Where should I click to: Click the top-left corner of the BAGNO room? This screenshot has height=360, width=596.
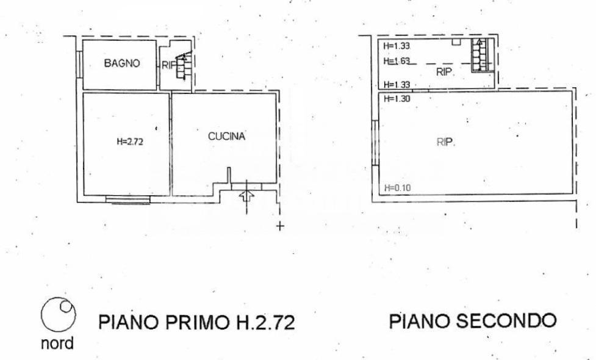coord(83,40)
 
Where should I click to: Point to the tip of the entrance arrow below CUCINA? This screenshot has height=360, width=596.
coord(246,191)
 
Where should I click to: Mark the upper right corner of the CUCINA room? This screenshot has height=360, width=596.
coord(276,93)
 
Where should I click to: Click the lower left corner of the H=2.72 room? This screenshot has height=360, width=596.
coord(84,195)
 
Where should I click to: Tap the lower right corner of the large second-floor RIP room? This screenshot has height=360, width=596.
coord(572,194)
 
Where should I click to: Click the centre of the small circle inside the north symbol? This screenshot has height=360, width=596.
coord(65,306)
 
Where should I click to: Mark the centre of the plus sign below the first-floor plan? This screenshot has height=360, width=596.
coord(280,226)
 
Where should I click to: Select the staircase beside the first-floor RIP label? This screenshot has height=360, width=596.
coord(183,65)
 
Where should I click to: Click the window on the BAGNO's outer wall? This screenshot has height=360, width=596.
coord(79,64)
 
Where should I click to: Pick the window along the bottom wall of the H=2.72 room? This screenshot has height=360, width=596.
coord(128,199)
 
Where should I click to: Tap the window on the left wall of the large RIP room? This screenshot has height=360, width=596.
coord(375,143)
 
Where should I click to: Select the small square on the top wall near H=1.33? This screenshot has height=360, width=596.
coord(456,41)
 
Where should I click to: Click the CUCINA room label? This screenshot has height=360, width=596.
coord(226,136)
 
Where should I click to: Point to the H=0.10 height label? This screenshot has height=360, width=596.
coord(397,187)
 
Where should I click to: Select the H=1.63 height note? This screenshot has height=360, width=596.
coord(397,61)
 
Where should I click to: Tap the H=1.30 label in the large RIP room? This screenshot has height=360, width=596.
coord(397,99)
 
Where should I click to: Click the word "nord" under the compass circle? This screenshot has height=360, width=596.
coord(57,344)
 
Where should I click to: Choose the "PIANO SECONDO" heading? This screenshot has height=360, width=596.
coord(473,321)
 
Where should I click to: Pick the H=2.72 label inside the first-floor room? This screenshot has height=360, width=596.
coord(129,142)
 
